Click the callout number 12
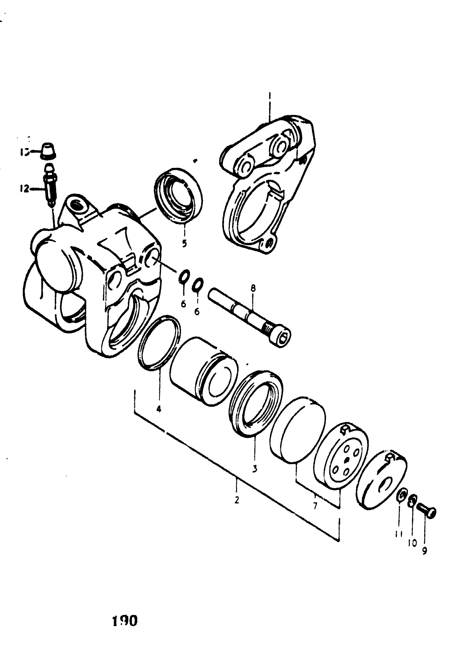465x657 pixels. tap(24, 189)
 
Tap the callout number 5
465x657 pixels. tap(184, 244)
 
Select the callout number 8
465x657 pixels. tap(253, 288)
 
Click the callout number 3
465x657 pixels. tap(255, 469)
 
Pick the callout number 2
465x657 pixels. tap(237, 500)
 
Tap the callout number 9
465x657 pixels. tap(424, 551)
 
